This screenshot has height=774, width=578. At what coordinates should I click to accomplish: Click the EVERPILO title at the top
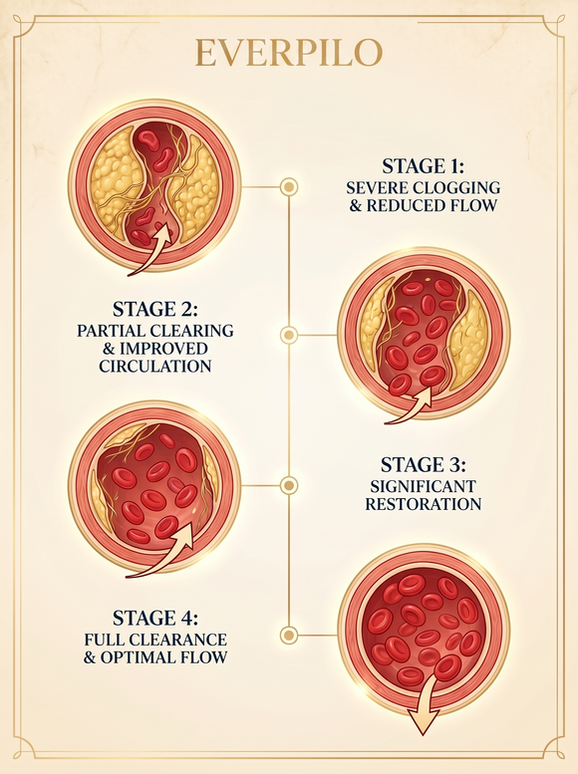289,53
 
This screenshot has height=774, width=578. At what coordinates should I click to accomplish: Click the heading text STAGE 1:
424,166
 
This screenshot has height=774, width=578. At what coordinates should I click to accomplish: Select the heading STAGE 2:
155,309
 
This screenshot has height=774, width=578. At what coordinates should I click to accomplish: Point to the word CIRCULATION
155,367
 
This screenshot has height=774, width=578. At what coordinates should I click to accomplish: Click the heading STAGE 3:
424,465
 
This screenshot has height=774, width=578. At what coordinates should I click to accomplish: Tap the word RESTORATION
424,504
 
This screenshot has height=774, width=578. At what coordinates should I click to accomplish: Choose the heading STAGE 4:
155,618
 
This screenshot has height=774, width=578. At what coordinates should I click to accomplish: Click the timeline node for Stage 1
289,187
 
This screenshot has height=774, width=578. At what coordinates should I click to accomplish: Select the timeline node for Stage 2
289,335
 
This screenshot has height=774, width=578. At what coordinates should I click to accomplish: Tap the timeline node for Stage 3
289,485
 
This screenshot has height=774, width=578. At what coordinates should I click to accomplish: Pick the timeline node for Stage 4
289,636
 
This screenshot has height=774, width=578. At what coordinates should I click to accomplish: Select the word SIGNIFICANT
424,487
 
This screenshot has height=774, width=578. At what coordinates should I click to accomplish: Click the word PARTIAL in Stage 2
109,331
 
